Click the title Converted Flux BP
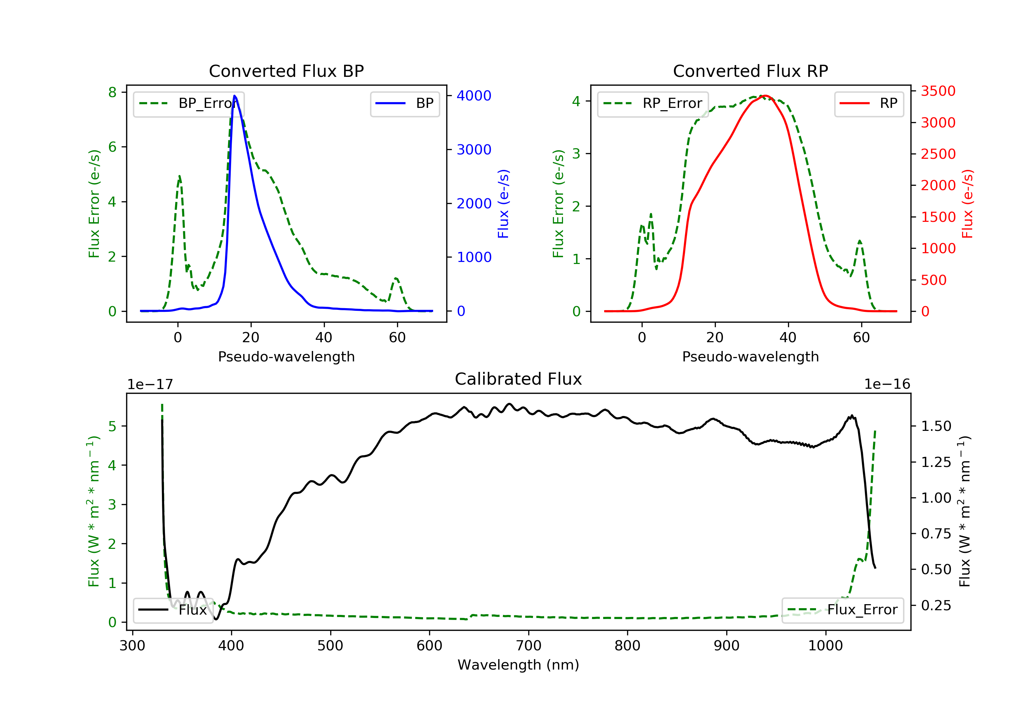coord(286,71)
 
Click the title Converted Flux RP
coord(750,71)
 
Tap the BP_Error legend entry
coord(189,104)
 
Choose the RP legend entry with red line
coord(869,104)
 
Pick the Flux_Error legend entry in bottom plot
coord(842,610)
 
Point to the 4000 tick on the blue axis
coord(474,96)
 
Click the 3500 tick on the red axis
coord(938,91)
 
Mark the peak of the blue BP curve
coord(234,96)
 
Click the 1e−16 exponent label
coord(887,384)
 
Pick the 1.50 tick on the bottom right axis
coord(936,426)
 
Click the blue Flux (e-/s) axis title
coord(503,204)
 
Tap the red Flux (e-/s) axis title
coord(967,204)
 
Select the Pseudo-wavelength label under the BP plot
coord(286,356)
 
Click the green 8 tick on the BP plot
coord(112,92)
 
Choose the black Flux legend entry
coord(172,610)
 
